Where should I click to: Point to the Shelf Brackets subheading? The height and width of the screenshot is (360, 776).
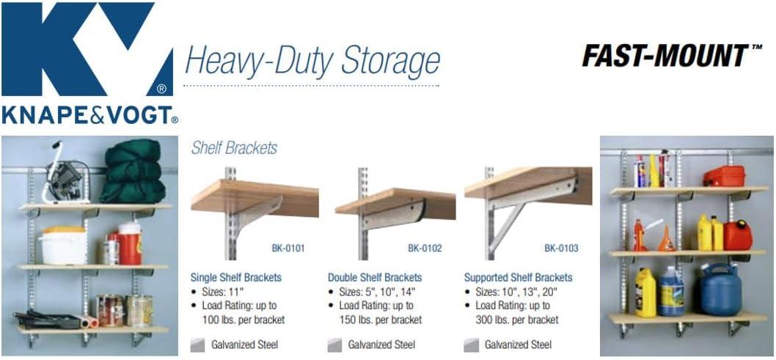[x=234, y=148]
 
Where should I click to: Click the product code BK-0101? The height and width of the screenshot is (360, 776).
[x=288, y=249]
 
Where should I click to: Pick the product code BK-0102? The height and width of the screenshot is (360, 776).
[x=425, y=249]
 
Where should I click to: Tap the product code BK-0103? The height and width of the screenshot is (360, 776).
[x=561, y=249]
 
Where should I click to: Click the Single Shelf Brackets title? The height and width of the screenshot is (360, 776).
[x=235, y=278]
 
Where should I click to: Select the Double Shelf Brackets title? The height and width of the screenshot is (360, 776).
[x=375, y=278]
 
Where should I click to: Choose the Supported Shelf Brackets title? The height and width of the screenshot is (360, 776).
[x=519, y=278]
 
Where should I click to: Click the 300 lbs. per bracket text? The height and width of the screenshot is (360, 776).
[x=517, y=320]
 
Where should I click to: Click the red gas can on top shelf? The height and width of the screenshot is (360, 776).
[x=723, y=175]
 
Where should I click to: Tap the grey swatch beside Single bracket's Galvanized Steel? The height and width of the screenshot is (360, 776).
[x=197, y=345]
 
